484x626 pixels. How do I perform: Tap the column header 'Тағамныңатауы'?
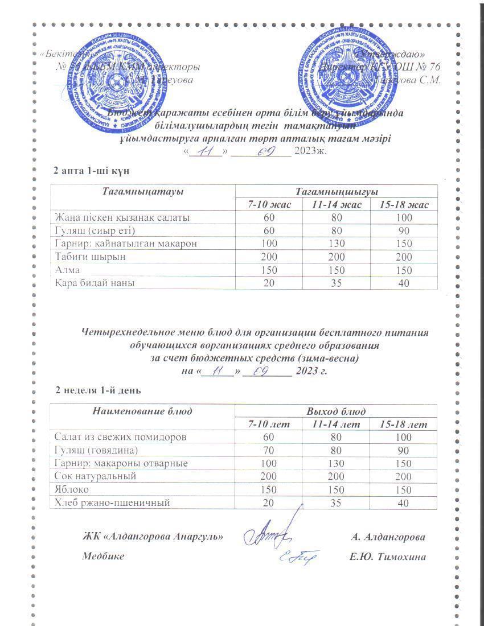click(x=142, y=192)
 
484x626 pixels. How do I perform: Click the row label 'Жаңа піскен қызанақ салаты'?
click(x=122, y=217)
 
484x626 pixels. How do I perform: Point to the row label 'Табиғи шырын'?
click(x=83, y=257)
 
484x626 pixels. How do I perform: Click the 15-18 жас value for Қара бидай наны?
click(x=404, y=283)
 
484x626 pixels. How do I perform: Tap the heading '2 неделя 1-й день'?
click(x=98, y=390)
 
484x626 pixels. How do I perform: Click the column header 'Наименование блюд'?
click(x=142, y=411)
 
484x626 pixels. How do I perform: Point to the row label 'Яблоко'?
click(x=71, y=489)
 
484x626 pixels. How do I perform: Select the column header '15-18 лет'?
click(x=403, y=425)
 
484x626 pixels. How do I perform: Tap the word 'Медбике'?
click(x=103, y=557)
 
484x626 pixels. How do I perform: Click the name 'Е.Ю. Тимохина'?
click(x=388, y=557)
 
